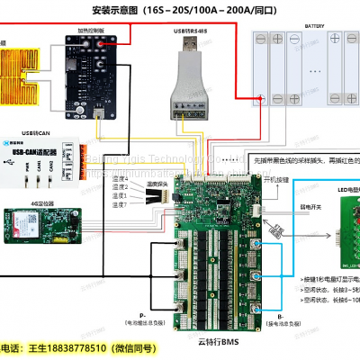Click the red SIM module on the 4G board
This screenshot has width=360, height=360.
pos(26,219)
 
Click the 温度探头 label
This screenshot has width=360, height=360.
pos(161,183)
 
